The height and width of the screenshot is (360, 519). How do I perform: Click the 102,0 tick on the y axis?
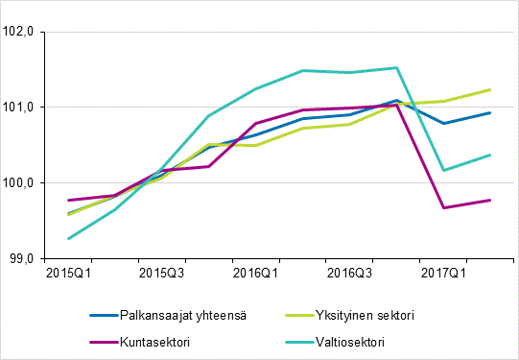pos(19,32)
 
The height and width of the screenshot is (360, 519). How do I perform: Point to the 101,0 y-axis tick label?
pos(19,107)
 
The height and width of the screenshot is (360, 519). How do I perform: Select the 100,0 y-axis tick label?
pos(19,182)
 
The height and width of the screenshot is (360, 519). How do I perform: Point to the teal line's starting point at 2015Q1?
pos(68,238)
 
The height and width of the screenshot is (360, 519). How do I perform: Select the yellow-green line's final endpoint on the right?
pos(490,89)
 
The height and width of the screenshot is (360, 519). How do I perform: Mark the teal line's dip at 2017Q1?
pos(443,170)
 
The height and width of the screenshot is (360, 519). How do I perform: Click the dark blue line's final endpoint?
pos(490,112)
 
